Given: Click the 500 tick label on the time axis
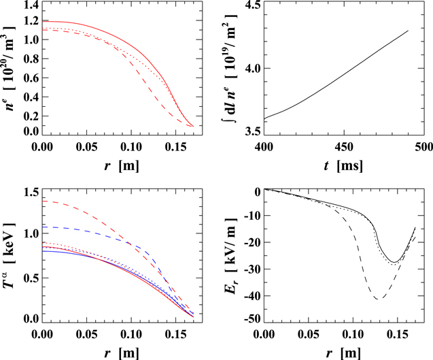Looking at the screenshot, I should [421, 147].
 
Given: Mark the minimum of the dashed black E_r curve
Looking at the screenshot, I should [377, 299].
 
